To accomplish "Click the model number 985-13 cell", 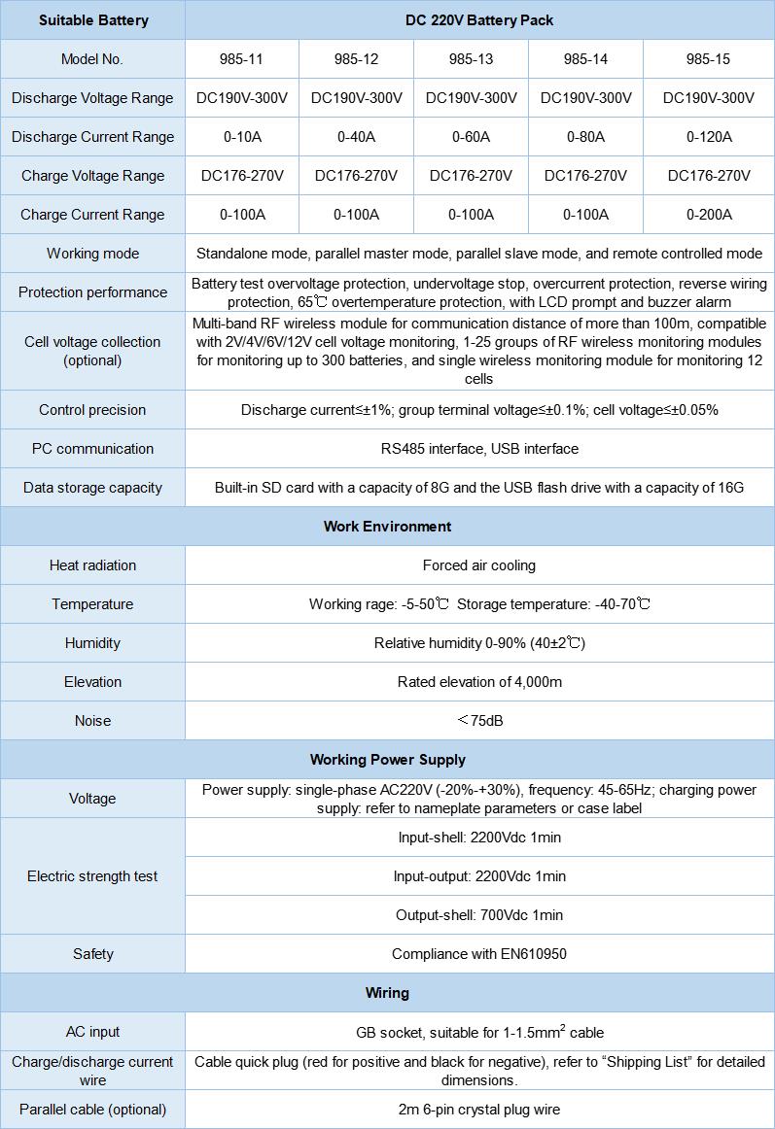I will point(471,59).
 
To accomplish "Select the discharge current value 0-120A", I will point(708,137).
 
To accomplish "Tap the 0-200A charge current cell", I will point(708,215).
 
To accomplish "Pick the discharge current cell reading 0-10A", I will point(241,137).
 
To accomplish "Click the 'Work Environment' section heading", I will point(387,527).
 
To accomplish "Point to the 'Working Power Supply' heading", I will point(387,760).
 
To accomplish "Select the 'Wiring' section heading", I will point(387,993).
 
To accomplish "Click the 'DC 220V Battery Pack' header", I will point(479,19).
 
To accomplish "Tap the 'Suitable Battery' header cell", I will point(92,19).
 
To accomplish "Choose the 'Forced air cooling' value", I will point(479,565).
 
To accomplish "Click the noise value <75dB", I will point(479,721).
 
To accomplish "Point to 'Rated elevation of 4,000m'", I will point(479,682).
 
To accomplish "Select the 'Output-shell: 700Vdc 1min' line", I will point(479,915).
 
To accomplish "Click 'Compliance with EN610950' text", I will point(479,954).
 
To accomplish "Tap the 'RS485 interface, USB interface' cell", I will point(479,449).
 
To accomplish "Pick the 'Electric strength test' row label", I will point(92,876).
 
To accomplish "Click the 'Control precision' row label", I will point(92,410).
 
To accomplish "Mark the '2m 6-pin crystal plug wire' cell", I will point(479,1110).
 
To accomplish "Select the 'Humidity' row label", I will point(92,643).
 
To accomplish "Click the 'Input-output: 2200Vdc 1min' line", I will point(479,876).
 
